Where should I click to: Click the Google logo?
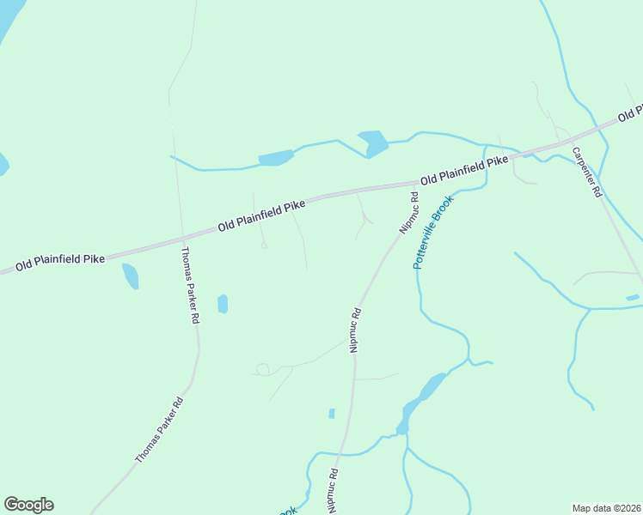click(28, 505)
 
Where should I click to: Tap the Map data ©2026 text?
click(606, 508)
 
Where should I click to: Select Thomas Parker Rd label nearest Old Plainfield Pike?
click(191, 285)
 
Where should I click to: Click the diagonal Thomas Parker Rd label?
click(159, 429)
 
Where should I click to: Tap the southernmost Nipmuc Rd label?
click(333, 490)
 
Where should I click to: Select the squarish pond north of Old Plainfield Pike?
click(373, 142)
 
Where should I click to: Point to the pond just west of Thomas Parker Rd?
click(130, 276)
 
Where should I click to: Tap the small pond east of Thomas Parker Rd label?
click(223, 303)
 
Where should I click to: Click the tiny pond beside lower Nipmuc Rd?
click(332, 414)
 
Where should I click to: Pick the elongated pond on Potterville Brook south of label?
click(424, 396)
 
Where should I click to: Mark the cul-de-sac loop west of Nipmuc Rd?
click(262, 369)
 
